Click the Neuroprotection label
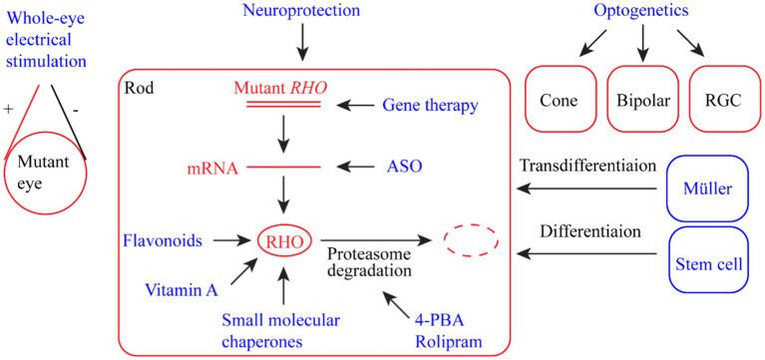tap(298, 10)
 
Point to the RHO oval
tap(284, 240)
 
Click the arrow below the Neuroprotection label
tap(298, 45)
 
